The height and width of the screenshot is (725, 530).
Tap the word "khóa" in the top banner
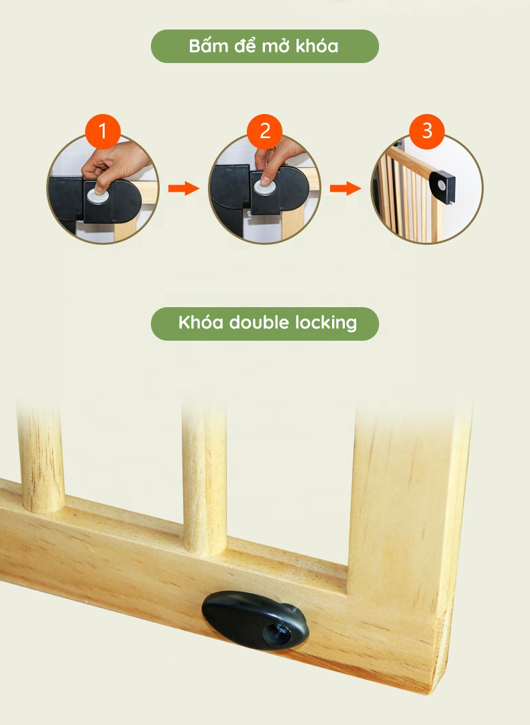pyautogui.click(x=317, y=46)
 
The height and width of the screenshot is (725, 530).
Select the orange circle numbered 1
pyautogui.click(x=103, y=131)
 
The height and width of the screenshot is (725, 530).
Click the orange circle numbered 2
pyautogui.click(x=264, y=131)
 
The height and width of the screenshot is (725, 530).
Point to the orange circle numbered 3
pyautogui.click(x=427, y=131)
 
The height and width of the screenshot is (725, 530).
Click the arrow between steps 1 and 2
pyautogui.click(x=184, y=188)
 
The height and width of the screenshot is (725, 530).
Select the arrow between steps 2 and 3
pyautogui.click(x=346, y=188)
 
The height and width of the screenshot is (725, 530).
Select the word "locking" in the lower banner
pyautogui.click(x=327, y=323)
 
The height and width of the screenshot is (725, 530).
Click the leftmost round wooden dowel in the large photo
pyautogui.click(x=41, y=458)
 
